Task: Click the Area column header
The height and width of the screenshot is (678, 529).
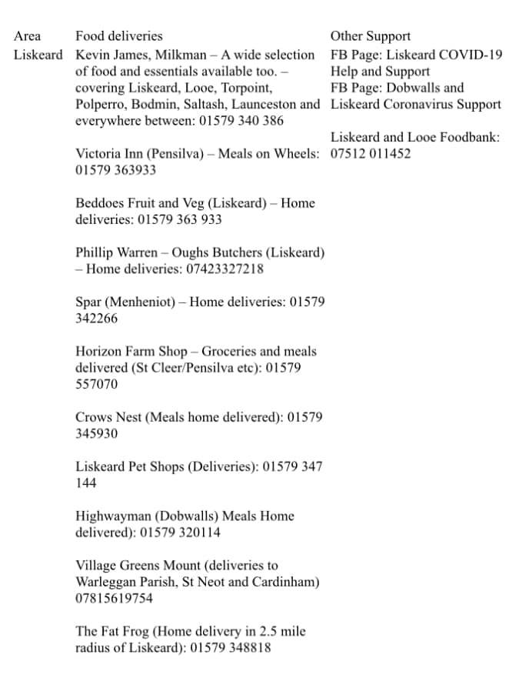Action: tap(28, 36)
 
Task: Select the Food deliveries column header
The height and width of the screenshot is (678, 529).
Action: tap(119, 36)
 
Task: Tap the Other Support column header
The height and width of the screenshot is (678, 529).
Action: tap(371, 36)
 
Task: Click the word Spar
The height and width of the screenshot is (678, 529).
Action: tap(88, 302)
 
